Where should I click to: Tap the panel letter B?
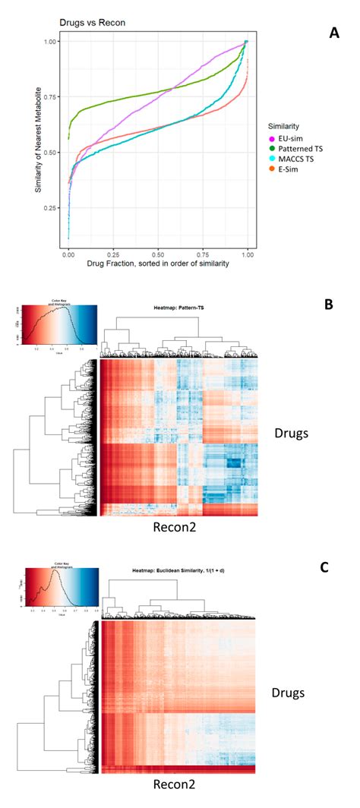(329, 305)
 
